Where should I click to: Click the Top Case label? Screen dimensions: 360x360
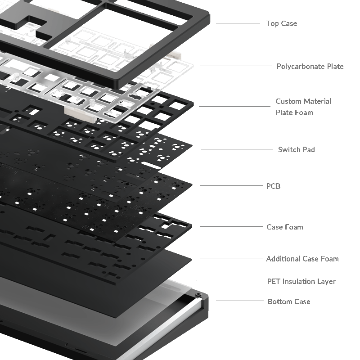pos(282,23)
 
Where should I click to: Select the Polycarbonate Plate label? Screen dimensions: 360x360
pos(310,66)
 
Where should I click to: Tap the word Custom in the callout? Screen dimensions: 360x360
pos(288,101)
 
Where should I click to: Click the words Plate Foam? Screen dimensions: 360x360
pos(294,112)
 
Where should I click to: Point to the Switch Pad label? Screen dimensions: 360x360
pos(297,149)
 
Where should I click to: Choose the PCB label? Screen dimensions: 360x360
pos(273,186)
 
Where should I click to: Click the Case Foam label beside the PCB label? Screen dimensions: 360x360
pos(285,227)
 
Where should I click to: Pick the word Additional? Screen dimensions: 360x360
pos(283,259)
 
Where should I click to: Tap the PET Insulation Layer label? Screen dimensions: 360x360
pos(301,281)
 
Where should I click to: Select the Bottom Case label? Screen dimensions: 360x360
pos(289,301)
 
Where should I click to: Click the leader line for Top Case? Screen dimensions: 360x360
pos(238,23)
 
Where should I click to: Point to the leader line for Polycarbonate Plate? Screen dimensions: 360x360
pos(236,66)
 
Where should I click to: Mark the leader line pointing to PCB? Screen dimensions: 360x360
pos(232,185)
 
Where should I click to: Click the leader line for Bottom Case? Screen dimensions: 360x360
pos(240,301)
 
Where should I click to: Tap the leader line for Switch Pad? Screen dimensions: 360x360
pos(237,149)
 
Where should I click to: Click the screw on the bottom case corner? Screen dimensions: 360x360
pos(198,294)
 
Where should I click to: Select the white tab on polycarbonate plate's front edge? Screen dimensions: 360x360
pos(81,114)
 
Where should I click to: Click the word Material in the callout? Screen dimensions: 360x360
pos(317,101)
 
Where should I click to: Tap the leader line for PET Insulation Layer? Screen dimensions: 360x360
pos(230,281)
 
